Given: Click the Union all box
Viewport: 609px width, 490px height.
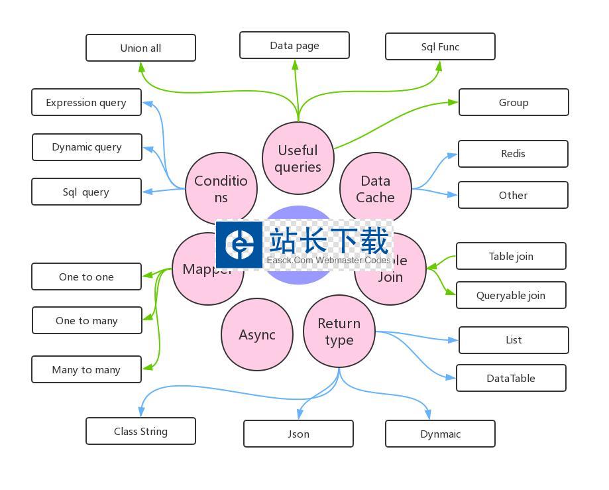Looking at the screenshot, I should point(140,48).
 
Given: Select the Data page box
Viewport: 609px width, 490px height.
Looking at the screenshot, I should point(294,45).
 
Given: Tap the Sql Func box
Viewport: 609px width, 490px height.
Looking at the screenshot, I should point(440,46).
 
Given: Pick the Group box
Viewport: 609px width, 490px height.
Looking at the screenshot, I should point(514,102).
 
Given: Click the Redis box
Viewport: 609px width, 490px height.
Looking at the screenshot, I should point(513,154).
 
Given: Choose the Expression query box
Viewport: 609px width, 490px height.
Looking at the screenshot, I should point(86,102).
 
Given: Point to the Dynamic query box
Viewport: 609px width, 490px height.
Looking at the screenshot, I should point(87,147).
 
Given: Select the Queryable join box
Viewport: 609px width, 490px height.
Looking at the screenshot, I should point(511,295).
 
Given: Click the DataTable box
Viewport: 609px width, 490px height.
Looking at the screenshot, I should point(511,378).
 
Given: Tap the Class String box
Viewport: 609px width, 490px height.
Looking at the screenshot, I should point(140,431).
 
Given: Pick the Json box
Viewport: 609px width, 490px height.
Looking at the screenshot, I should point(298,434).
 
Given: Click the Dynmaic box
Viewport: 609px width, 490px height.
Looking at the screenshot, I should point(440,434).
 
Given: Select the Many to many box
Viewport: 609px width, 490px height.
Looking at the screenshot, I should point(86,369).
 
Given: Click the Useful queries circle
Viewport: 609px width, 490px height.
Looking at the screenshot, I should point(298,158).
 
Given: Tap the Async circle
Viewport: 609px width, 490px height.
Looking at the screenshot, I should point(256,334).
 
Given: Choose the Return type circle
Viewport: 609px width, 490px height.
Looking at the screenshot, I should point(339,331).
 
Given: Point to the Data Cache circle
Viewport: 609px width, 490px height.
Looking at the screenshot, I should point(376,188).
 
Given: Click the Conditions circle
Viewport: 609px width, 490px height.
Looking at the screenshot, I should point(221,188).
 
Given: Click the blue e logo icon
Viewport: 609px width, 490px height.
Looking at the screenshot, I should point(239,245).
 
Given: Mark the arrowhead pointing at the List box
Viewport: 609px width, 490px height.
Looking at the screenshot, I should point(453,340).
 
